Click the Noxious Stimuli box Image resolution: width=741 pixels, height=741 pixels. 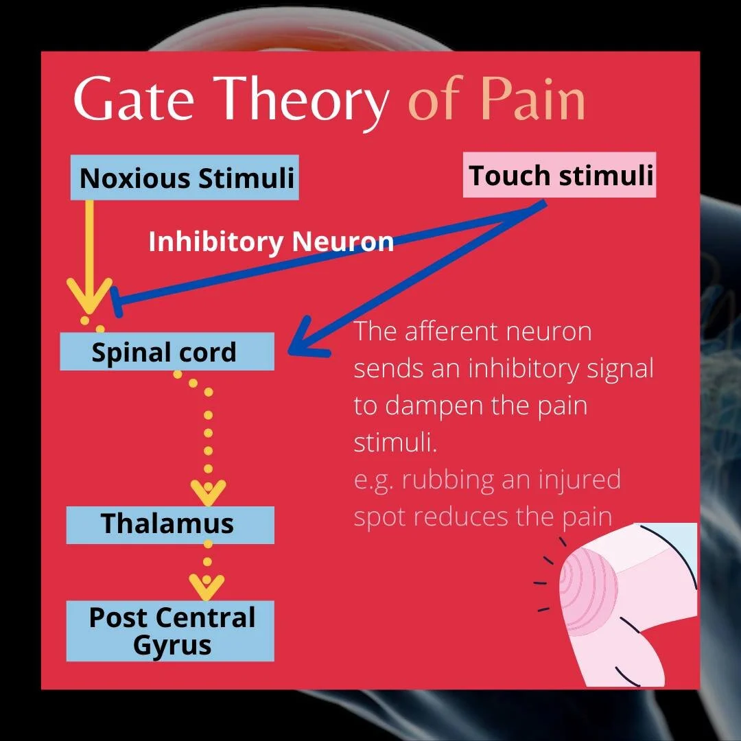pos(185,178)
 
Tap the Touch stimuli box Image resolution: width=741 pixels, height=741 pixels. pos(560,176)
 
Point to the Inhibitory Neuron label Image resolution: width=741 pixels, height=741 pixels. pos(271,242)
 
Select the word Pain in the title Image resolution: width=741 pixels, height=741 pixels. pos(532,99)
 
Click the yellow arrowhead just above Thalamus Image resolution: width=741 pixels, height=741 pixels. pos(208,491)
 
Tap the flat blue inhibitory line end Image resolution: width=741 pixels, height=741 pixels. pos(117,303)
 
